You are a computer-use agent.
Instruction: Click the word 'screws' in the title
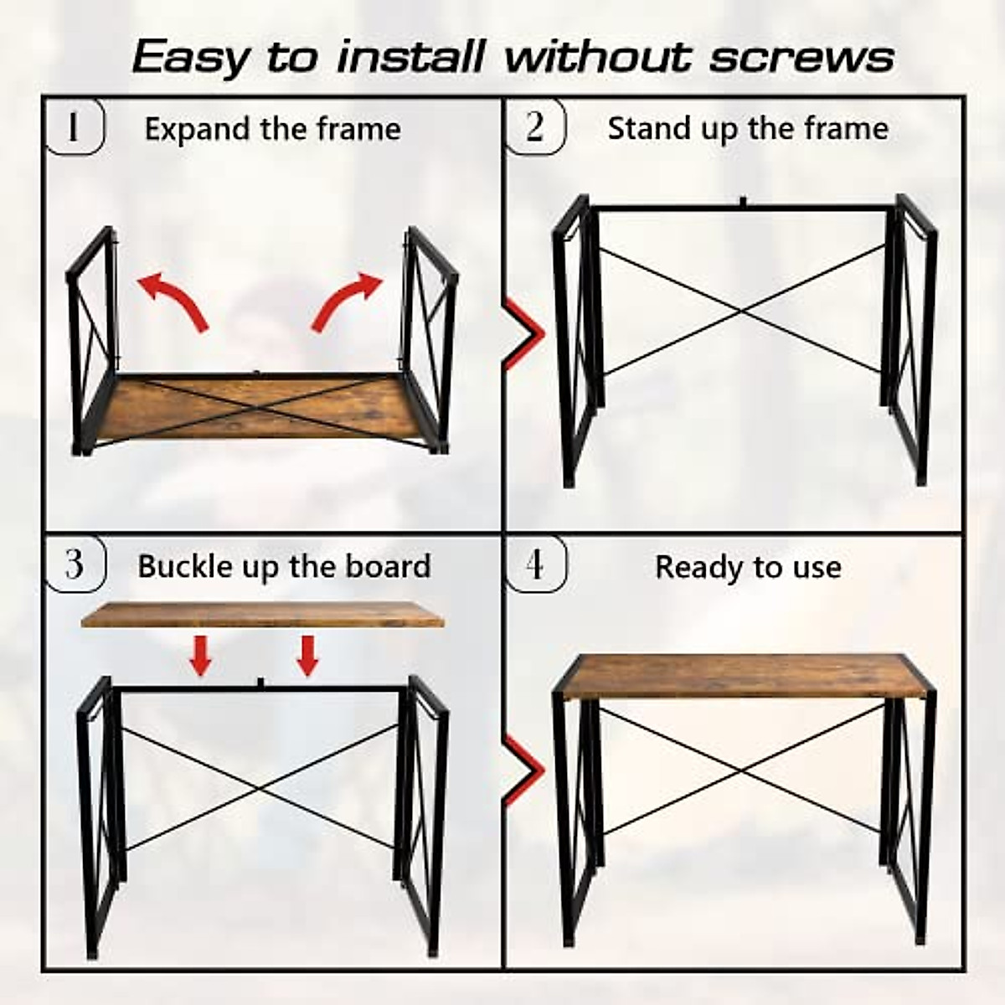801,57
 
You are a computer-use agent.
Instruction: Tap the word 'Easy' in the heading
191,57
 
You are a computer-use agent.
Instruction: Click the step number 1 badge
74,127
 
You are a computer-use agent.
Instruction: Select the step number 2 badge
535,127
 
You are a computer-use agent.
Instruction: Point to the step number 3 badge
75,564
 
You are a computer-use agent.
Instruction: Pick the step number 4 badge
535,564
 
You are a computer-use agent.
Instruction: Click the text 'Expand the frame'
272,129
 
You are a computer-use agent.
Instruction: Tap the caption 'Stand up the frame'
748,128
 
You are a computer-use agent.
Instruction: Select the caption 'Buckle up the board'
284,566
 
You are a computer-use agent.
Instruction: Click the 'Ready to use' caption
748,567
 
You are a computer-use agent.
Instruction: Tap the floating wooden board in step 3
262,616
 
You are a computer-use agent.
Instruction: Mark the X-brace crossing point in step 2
740,312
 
